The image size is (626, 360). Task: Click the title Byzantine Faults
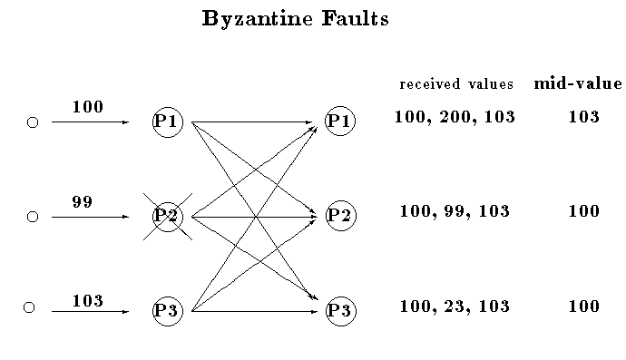tap(295, 19)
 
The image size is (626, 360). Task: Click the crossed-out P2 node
tap(168, 217)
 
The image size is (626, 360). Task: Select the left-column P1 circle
tap(168, 122)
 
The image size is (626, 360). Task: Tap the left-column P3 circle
tap(168, 311)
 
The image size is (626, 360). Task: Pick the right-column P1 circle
tap(340, 122)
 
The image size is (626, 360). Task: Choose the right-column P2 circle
tap(340, 216)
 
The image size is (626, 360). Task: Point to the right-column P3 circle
tap(340, 311)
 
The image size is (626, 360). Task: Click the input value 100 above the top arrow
tap(87, 107)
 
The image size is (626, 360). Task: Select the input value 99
tap(82, 202)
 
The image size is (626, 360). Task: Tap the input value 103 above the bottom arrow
tap(87, 300)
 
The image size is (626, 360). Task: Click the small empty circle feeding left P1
tap(33, 122)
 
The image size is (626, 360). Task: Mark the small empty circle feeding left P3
tap(29, 308)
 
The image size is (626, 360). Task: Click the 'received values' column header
tap(456, 84)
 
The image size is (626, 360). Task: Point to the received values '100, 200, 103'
tap(455, 117)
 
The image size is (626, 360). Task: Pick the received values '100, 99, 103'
tap(455, 211)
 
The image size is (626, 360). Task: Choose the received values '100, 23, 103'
tap(455, 306)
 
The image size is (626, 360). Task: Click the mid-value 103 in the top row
tap(582, 117)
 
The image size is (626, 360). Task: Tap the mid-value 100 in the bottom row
tap(583, 306)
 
